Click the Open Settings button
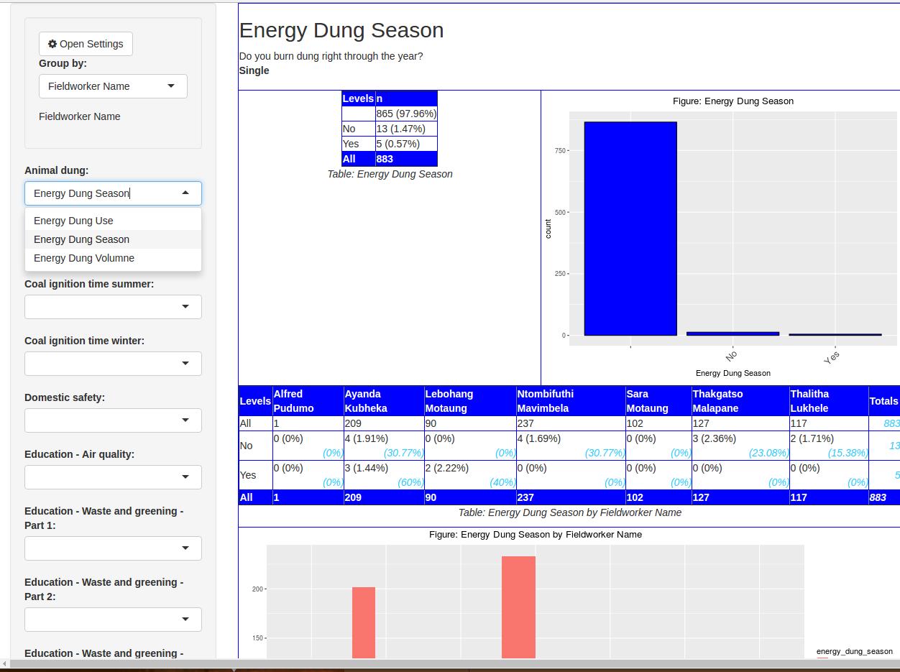[86, 44]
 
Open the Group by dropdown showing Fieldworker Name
[113, 86]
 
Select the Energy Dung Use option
[73, 221]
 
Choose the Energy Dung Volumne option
[84, 258]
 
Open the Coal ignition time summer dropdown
[113, 307]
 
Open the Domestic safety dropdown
[113, 420]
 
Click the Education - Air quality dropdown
[113, 477]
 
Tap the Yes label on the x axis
[832, 356]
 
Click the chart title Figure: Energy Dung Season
[733, 101]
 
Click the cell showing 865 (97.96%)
[406, 114]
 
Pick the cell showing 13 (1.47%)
[400, 129]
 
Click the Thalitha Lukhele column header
[809, 401]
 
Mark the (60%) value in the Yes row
[410, 482]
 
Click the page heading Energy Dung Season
[341, 30]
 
